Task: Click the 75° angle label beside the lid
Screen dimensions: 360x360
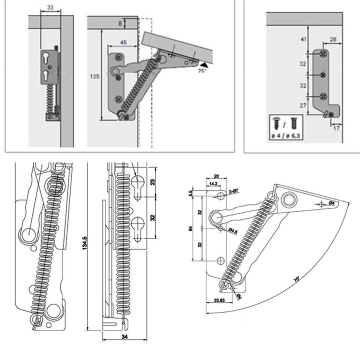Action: click(201, 71)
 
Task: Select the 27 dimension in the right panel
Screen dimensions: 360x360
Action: click(303, 105)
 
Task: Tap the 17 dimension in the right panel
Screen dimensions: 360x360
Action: click(335, 127)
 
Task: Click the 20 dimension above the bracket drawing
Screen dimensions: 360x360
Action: click(216, 176)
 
